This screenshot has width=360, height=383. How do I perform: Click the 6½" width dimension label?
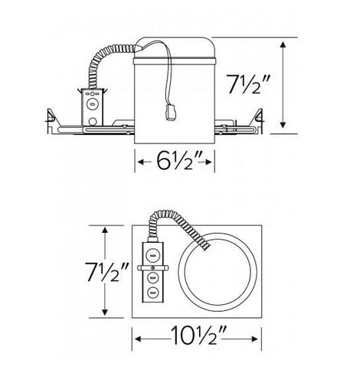[175, 162]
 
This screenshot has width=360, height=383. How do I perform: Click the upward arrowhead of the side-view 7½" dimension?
[284, 44]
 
